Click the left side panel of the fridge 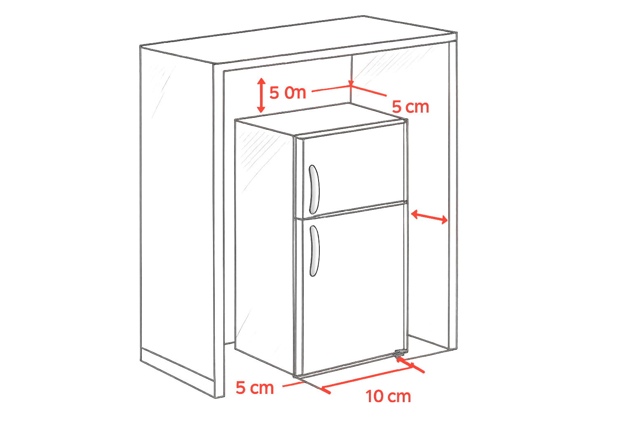coord(264,239)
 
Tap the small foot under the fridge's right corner coord(399,354)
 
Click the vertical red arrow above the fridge coord(260,96)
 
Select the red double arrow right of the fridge coord(429,216)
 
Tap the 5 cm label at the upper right coord(410,107)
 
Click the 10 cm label coord(389,396)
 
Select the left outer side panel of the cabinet coord(177,206)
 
